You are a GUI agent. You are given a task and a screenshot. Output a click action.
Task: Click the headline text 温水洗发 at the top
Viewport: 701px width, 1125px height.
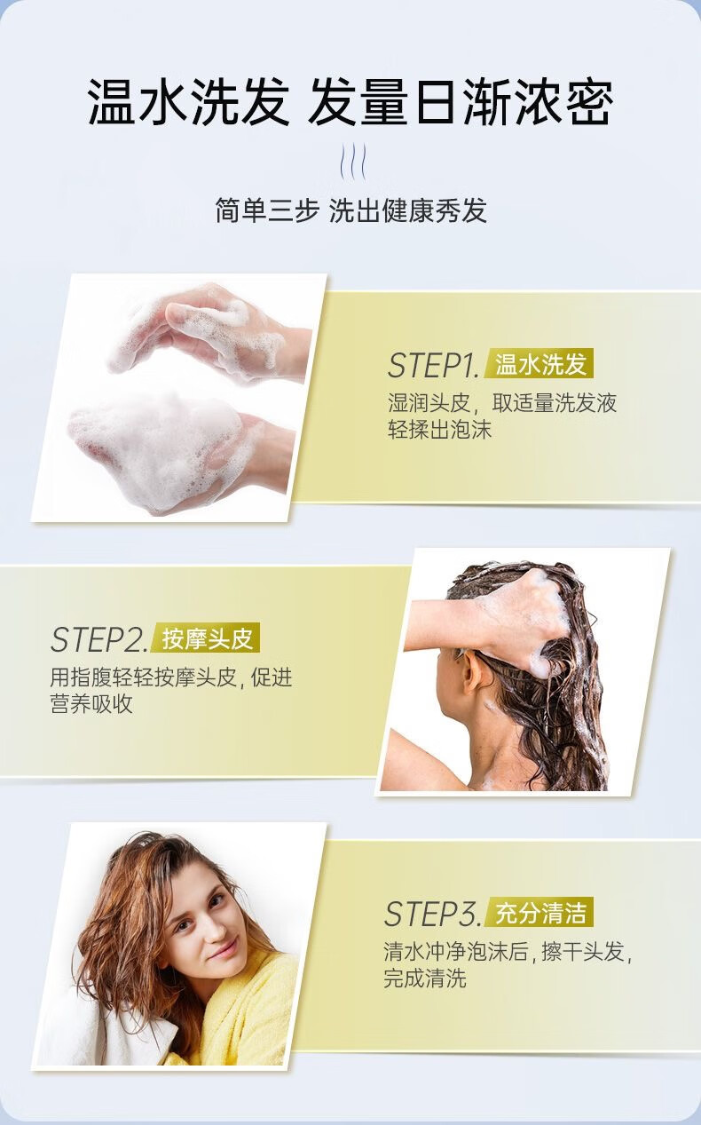189,102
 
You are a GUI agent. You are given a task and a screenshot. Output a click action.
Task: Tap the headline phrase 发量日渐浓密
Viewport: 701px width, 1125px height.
461,102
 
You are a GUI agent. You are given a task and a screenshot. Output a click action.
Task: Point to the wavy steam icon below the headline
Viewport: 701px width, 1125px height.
353,162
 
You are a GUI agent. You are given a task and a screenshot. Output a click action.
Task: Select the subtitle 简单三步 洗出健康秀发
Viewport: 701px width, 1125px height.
350,210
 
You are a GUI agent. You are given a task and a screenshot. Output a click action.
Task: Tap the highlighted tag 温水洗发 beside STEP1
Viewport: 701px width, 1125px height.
540,364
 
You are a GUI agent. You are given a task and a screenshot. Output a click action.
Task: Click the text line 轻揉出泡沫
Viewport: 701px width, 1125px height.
439,430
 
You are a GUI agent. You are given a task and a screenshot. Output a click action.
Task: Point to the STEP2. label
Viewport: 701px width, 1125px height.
98,639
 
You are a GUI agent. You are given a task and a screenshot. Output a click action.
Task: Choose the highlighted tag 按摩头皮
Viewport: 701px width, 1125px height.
207,638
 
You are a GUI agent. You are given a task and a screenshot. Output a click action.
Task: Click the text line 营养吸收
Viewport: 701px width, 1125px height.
91,703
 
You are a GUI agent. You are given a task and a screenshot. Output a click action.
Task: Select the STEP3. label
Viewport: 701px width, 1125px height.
432,914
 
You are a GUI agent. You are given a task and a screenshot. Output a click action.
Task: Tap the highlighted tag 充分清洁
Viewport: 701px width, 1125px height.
540,913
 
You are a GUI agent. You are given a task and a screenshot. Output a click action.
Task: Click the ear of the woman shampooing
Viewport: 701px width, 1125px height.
470,677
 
